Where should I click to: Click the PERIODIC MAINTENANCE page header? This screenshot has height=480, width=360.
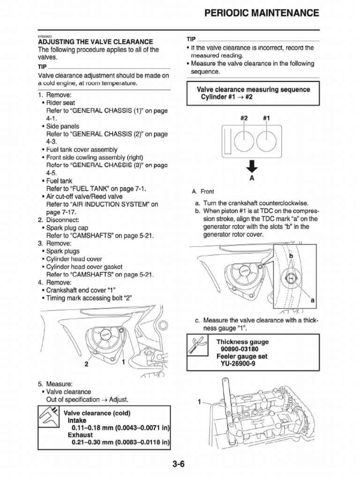click(x=262, y=13)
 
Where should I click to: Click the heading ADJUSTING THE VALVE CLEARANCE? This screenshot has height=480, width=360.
click(x=95, y=42)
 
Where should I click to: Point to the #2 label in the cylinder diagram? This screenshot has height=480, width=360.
click(x=244, y=119)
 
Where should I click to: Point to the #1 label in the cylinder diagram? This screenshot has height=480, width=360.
click(x=266, y=119)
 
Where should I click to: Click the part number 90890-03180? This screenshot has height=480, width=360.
click(x=239, y=349)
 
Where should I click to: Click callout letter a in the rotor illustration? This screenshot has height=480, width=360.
click(x=312, y=300)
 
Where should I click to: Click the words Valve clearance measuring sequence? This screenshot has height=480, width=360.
click(x=253, y=89)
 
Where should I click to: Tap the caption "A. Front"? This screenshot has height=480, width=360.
click(x=203, y=192)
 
